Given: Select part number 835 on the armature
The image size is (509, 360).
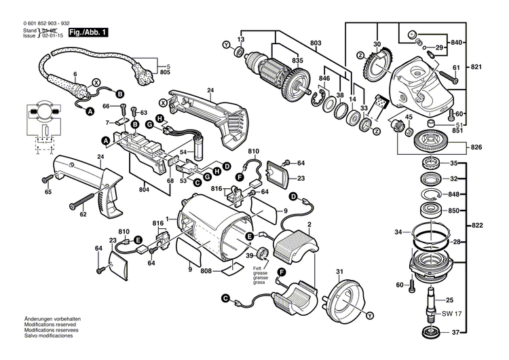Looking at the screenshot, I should click(297, 61).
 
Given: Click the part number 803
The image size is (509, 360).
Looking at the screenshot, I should click(315, 43).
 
